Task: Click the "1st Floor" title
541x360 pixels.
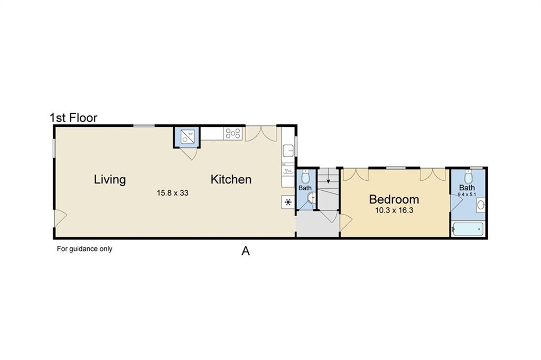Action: [73, 118]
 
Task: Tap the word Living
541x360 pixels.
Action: [110, 180]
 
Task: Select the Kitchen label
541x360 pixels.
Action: [231, 180]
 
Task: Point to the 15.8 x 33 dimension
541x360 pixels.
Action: [173, 193]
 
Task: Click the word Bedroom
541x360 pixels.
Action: [394, 199]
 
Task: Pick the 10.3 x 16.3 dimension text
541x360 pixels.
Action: [394, 210]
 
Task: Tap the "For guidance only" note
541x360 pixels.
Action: [85, 248]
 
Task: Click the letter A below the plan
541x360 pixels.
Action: [245, 251]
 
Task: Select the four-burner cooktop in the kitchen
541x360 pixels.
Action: [233, 134]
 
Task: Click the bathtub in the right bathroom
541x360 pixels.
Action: [468, 229]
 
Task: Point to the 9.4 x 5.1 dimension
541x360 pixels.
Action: [467, 195]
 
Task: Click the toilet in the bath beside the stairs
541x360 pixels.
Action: [305, 177]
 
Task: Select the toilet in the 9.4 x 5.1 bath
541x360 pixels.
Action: [468, 177]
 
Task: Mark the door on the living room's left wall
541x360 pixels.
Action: [60, 218]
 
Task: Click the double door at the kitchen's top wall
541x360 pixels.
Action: [261, 134]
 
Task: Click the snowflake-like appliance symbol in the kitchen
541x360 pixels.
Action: [288, 202]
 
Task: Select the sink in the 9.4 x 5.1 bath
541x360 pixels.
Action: [481, 206]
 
